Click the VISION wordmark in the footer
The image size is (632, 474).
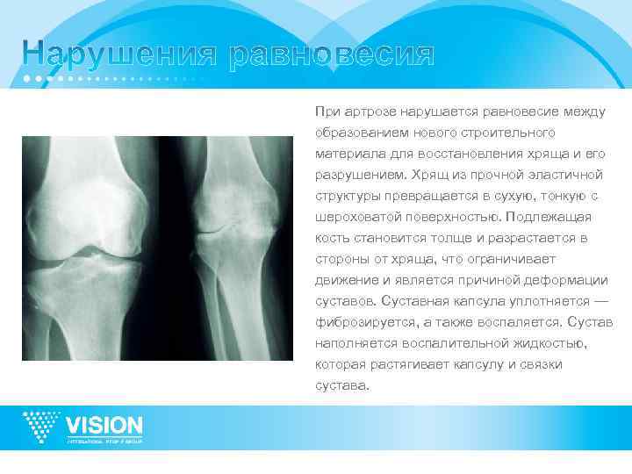point(104,424)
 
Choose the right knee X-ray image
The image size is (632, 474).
point(231,248)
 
